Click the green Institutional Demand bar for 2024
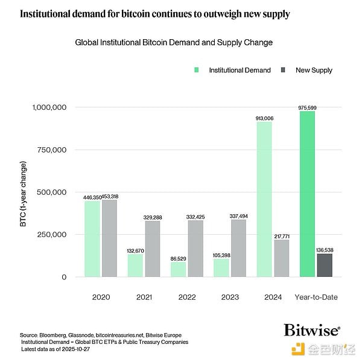(x=264, y=199)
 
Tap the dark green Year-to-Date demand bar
(x=307, y=194)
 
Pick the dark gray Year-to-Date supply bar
(x=325, y=265)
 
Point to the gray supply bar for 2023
(x=238, y=248)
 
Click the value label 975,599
(x=307, y=107)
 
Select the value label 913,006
(x=264, y=118)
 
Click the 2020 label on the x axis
(x=100, y=297)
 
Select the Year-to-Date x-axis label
(x=316, y=297)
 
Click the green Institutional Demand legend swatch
(x=197, y=70)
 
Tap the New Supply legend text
(x=314, y=70)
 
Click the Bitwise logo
(x=311, y=330)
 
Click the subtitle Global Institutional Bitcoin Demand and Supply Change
(x=174, y=43)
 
